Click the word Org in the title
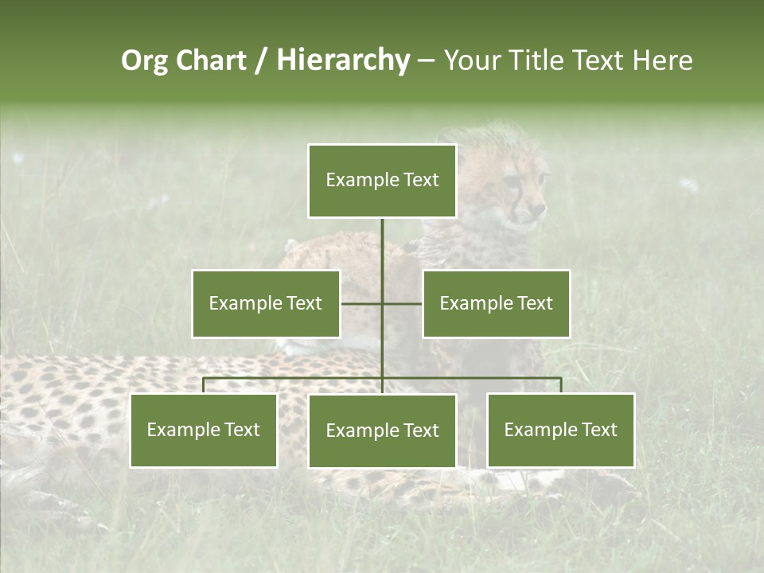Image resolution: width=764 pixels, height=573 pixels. click(x=144, y=60)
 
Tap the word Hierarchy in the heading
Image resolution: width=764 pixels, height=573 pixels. click(x=342, y=60)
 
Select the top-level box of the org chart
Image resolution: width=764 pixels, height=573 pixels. click(x=382, y=181)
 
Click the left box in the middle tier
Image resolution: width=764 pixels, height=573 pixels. click(x=266, y=303)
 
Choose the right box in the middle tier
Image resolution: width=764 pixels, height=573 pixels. click(x=496, y=303)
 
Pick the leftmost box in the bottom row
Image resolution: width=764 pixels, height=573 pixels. click(x=204, y=430)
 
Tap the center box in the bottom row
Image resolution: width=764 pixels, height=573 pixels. click(x=382, y=431)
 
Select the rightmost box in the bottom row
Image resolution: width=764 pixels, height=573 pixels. click(x=560, y=430)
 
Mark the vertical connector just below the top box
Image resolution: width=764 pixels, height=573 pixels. click(x=382, y=239)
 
